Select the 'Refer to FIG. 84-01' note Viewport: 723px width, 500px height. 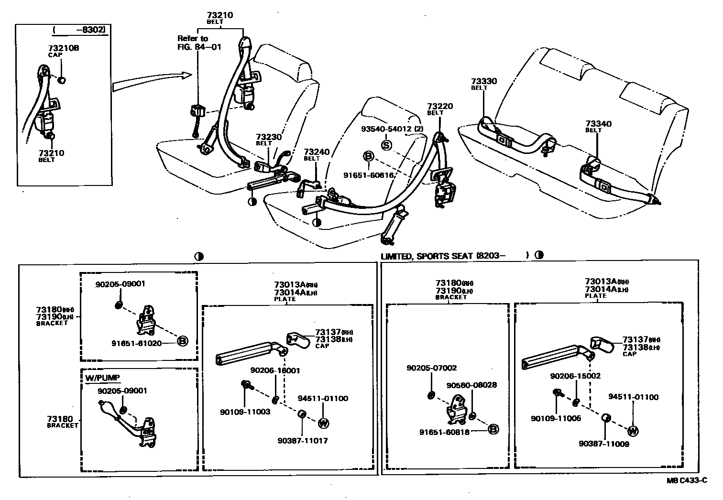[x=199, y=43]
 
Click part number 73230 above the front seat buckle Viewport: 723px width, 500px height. [x=269, y=137]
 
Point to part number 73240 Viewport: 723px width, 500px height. [x=317, y=152]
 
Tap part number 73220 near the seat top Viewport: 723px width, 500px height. [x=439, y=106]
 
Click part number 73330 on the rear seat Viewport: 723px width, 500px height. [x=484, y=81]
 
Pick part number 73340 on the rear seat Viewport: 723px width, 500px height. [x=598, y=124]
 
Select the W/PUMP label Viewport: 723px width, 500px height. [x=102, y=378]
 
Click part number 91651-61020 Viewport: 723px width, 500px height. [x=136, y=343]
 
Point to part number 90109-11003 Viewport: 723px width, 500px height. [x=245, y=412]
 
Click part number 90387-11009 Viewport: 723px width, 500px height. [x=603, y=444]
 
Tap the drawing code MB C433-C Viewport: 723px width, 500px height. [x=687, y=480]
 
